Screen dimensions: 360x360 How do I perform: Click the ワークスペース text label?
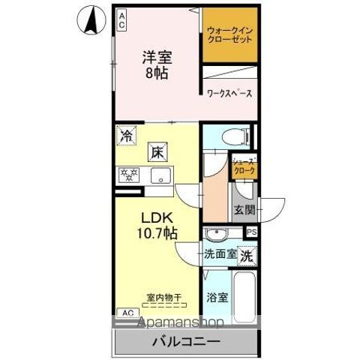tap(229, 94)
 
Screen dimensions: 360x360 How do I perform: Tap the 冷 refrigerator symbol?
tap(127, 137)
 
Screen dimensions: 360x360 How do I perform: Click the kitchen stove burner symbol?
tap(128, 175)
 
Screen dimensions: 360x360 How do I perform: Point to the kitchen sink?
tap(160, 176)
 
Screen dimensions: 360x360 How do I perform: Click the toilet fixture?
tap(235, 136)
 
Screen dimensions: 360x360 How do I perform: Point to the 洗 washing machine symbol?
tap(247, 255)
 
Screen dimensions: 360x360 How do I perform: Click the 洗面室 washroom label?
tap(220, 254)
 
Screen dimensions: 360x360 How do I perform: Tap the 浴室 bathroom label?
tap(219, 298)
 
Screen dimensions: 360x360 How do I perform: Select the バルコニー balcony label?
tap(187, 341)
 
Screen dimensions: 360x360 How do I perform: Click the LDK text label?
tap(155, 217)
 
